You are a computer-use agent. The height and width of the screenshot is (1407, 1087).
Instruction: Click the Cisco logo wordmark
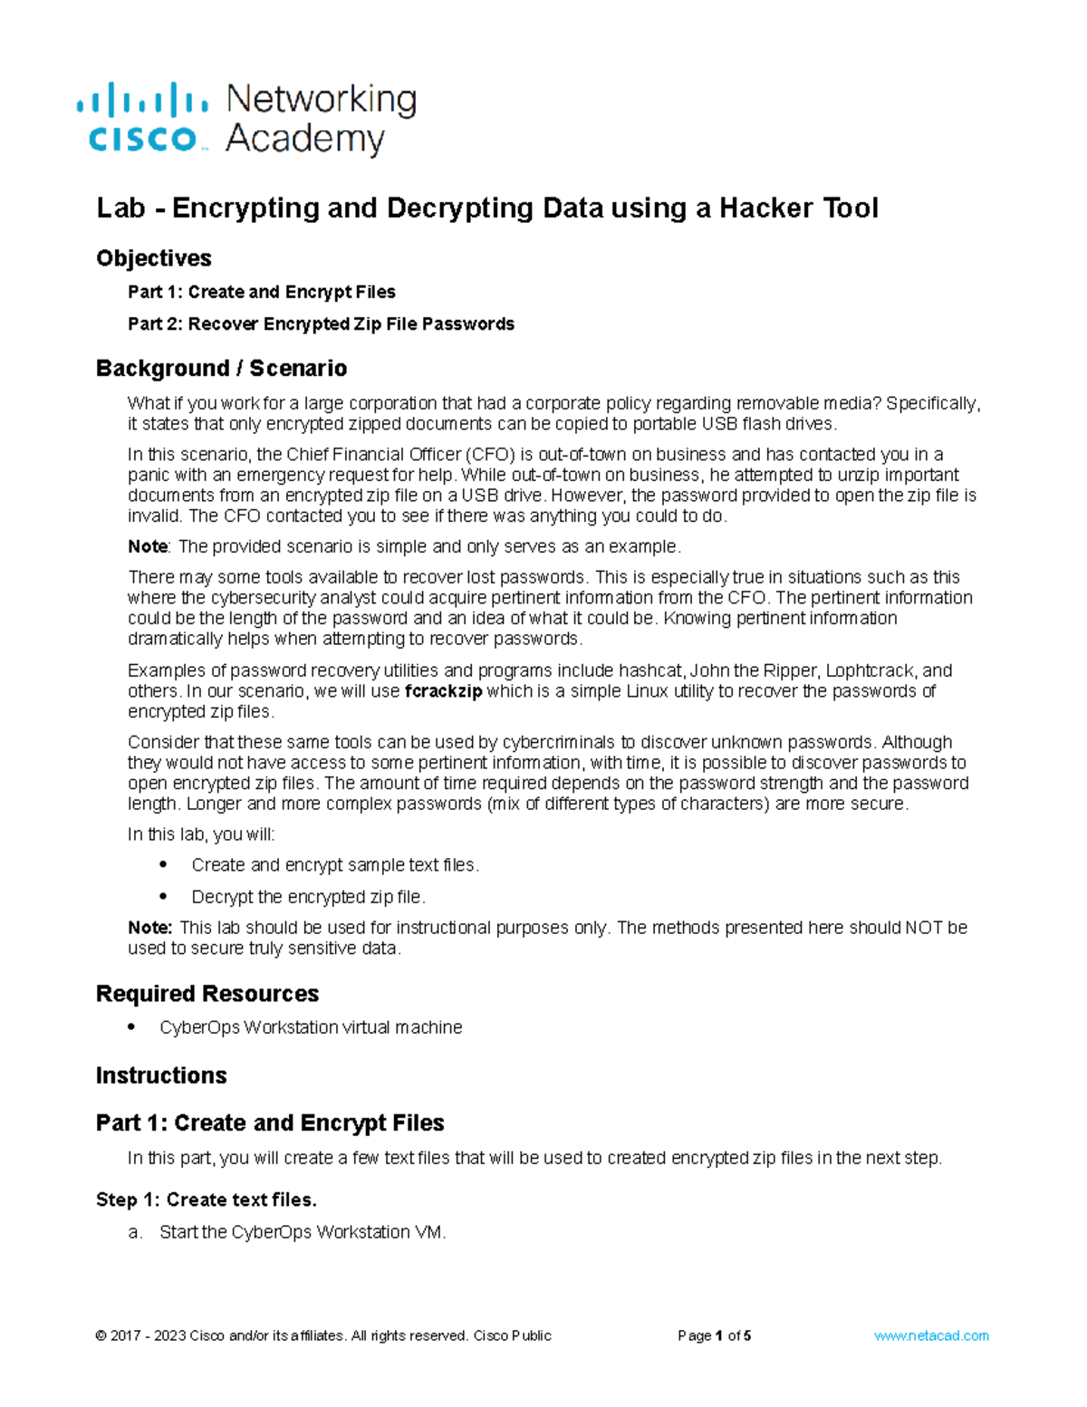click(142, 139)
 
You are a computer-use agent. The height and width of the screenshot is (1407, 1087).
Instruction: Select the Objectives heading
click(153, 258)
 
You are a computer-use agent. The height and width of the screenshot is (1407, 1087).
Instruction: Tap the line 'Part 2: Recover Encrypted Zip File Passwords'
click(321, 324)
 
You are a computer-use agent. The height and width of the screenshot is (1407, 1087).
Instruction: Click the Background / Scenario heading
click(221, 368)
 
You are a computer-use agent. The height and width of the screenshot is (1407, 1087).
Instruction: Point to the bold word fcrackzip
click(443, 691)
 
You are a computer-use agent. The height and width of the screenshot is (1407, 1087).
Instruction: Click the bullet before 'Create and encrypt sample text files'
click(163, 864)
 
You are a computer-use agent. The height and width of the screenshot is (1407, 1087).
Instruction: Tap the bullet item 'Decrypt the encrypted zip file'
click(308, 897)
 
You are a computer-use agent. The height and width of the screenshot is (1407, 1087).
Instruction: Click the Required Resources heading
click(207, 994)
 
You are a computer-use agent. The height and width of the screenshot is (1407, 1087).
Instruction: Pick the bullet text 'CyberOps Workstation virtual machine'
click(311, 1027)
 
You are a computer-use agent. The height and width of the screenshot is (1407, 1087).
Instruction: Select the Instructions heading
click(161, 1075)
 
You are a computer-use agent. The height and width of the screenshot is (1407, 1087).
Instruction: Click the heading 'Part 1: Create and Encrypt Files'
click(270, 1123)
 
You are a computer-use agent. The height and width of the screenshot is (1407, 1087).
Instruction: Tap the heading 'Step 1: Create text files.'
click(206, 1200)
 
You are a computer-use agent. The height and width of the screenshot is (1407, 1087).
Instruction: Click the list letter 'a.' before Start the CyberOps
click(135, 1233)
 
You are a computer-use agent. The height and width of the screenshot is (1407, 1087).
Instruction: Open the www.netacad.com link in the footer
click(931, 1335)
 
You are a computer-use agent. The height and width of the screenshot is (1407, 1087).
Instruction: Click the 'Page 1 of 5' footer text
click(714, 1335)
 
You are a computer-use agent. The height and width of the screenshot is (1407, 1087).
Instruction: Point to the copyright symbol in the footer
click(100, 1335)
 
